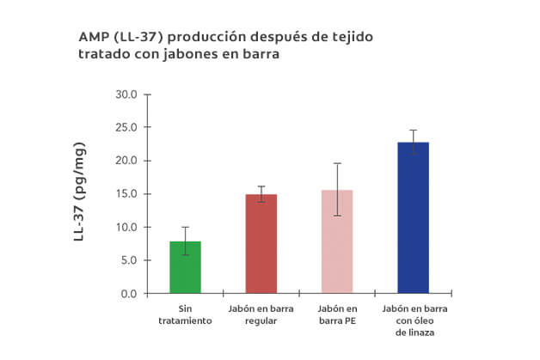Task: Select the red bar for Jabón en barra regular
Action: [x=261, y=244]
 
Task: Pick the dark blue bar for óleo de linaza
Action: [x=413, y=218]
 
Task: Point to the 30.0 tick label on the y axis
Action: [x=126, y=95]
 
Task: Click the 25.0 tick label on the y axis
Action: [x=126, y=127]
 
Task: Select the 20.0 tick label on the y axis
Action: [x=126, y=161]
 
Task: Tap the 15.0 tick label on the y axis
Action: [x=126, y=194]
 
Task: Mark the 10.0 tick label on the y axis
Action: [x=126, y=227]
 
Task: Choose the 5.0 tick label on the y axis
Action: [x=128, y=260]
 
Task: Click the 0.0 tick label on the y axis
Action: [x=128, y=294]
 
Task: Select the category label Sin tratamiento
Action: [x=185, y=314]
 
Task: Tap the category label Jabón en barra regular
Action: [x=261, y=314]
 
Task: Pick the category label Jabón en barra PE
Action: [x=337, y=314]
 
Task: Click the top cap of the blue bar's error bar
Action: [x=413, y=130]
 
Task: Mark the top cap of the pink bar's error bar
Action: [x=337, y=163]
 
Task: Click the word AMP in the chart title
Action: [x=93, y=37]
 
